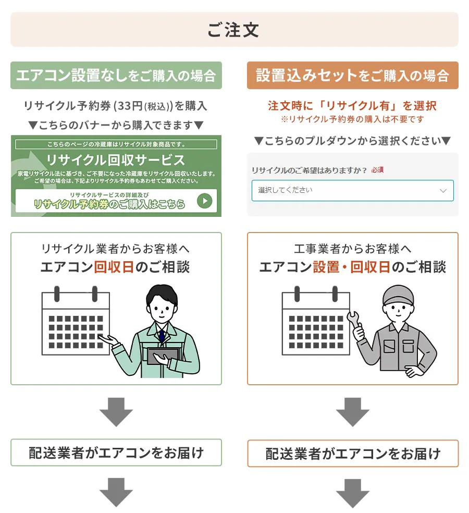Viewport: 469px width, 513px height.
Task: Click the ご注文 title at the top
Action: [233, 30]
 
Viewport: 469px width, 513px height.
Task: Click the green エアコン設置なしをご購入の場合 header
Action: [116, 75]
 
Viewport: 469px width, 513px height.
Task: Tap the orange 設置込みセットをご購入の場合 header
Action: [353, 75]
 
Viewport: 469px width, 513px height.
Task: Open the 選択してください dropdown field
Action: [353, 190]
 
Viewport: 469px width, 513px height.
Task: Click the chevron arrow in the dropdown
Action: [443, 191]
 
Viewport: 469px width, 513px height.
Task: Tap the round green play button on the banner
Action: [205, 201]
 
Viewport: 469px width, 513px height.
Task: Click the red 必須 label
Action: [377, 170]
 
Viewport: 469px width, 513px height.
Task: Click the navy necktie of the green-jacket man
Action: [162, 336]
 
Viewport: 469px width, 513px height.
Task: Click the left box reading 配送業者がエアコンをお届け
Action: [116, 453]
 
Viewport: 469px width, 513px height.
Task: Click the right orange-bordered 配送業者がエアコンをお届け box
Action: [353, 454]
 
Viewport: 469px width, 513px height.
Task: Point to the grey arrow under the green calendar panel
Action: [116, 412]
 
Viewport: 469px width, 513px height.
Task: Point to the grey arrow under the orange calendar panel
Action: [353, 412]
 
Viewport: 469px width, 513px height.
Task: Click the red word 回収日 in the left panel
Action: [114, 267]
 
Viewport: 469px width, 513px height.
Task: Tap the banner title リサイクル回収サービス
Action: [116, 160]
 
